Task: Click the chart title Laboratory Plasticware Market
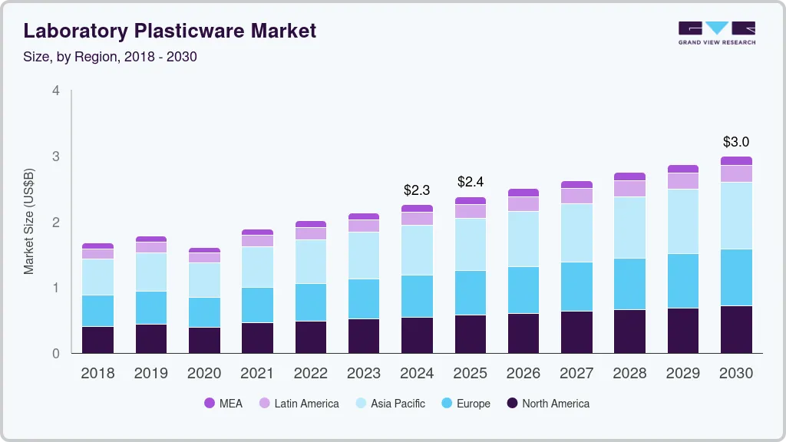pyautogui.click(x=170, y=31)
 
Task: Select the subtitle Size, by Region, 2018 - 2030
pyautogui.click(x=111, y=57)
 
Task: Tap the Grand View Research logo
pyautogui.click(x=716, y=32)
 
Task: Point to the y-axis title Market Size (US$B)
pyautogui.click(x=28, y=221)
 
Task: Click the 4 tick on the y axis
pyautogui.click(x=55, y=91)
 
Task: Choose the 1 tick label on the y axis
pyautogui.click(x=55, y=288)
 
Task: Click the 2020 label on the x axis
pyautogui.click(x=204, y=374)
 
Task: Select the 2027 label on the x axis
pyautogui.click(x=576, y=374)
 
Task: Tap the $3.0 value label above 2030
pyautogui.click(x=736, y=142)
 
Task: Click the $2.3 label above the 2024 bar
pyautogui.click(x=417, y=190)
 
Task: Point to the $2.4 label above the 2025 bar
pyautogui.click(x=471, y=182)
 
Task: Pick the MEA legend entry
pyautogui.click(x=223, y=404)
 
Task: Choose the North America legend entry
pyautogui.click(x=547, y=404)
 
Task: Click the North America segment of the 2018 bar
pyautogui.click(x=98, y=340)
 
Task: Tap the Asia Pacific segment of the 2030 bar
pyautogui.click(x=736, y=216)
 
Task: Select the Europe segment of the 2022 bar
pyautogui.click(x=311, y=302)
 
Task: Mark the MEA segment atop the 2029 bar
pyautogui.click(x=683, y=169)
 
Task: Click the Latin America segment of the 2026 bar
pyautogui.click(x=523, y=204)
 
